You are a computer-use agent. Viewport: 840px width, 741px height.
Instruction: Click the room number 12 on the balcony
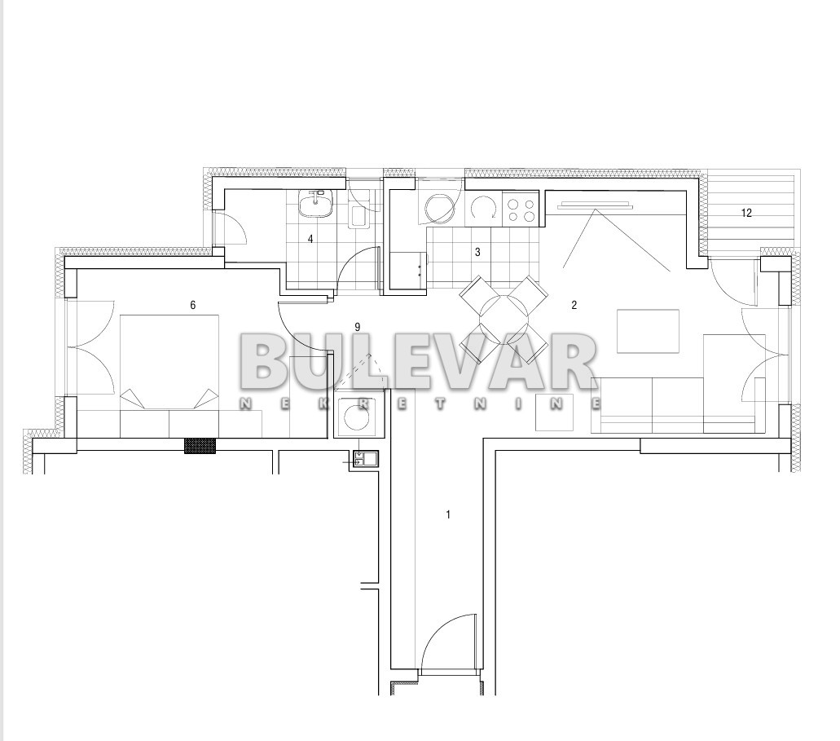(746, 213)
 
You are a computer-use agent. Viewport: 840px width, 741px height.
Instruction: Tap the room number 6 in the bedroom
(193, 305)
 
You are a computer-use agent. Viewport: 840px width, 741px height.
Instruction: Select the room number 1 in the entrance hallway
(448, 514)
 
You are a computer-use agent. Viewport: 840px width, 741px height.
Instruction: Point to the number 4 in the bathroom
(310, 239)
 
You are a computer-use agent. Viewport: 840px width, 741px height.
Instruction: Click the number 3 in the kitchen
(478, 252)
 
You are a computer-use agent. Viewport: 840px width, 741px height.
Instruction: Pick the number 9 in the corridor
(358, 327)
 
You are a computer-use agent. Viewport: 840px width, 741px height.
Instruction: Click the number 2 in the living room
(574, 305)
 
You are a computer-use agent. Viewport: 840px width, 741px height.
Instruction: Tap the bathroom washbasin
(316, 205)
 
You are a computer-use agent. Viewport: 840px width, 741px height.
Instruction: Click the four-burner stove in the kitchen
(521, 210)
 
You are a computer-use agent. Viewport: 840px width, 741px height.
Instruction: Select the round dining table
(504, 320)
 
